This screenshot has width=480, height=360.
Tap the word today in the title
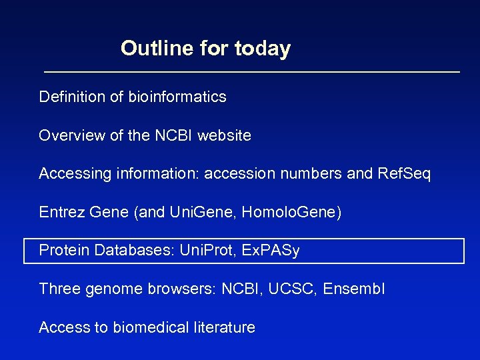[263, 49]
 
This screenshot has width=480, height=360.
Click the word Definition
[72, 97]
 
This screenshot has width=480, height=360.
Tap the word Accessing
[73, 174]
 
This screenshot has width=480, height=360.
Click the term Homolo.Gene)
[291, 213]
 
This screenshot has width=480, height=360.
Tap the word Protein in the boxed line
[65, 251]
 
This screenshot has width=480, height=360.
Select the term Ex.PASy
[271, 251]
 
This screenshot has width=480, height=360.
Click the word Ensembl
[354, 289]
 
